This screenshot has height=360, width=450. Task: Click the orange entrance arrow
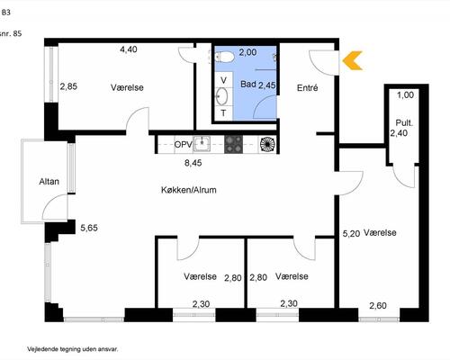pyautogui.click(x=352, y=60)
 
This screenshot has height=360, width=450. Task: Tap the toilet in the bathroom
pyautogui.click(x=225, y=57)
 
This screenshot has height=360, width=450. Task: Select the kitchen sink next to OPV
pyautogui.click(x=202, y=144)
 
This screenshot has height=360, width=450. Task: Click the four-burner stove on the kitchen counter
pyautogui.click(x=233, y=144)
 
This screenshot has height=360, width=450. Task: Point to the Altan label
pyautogui.click(x=49, y=182)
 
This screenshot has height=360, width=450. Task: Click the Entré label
pyautogui.click(x=307, y=88)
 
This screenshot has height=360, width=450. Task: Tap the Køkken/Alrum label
pyautogui.click(x=189, y=190)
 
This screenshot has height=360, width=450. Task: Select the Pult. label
pyautogui.click(x=404, y=122)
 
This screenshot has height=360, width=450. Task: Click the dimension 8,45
pyautogui.click(x=193, y=163)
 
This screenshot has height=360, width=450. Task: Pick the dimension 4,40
pyautogui.click(x=129, y=49)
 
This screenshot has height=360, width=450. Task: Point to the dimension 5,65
pyautogui.click(x=89, y=228)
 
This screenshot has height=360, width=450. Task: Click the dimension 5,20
pyautogui.click(x=351, y=233)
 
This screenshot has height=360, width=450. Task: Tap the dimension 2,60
pyautogui.click(x=378, y=306)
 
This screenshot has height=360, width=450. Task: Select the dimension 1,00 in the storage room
pyautogui.click(x=405, y=95)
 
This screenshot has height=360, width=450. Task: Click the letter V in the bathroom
pyautogui.click(x=223, y=80)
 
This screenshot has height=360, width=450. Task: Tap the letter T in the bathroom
pyautogui.click(x=223, y=113)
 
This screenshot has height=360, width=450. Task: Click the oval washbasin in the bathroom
pyautogui.click(x=221, y=96)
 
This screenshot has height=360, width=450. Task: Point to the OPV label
pyautogui.click(x=184, y=144)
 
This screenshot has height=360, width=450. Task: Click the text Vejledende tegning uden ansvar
pyautogui.click(x=73, y=349)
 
